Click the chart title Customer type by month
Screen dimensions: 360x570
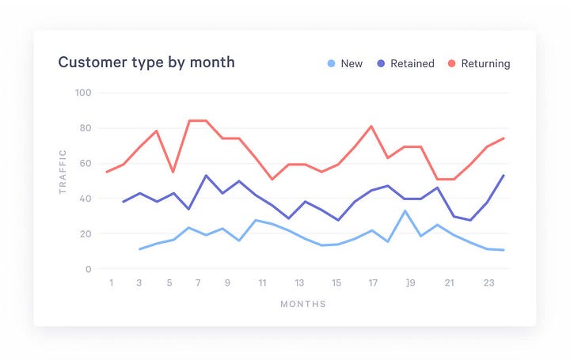(146, 62)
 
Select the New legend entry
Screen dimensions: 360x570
(351, 63)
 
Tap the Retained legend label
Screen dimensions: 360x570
(412, 63)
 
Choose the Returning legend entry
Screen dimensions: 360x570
(486, 63)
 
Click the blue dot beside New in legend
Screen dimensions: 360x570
(331, 63)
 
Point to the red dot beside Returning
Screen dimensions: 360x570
(453, 63)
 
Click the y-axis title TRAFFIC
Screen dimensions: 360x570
(63, 172)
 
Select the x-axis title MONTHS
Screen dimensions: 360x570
(302, 304)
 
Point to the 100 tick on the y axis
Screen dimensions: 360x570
(84, 93)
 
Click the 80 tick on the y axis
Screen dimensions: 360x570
(85, 128)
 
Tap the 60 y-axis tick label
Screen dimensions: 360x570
(85, 163)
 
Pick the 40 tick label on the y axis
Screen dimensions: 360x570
(85, 199)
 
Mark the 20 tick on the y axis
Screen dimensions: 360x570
(85, 234)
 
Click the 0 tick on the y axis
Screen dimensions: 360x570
(89, 269)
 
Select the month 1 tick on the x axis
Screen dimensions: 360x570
(112, 282)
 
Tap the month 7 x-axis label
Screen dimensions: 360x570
(198, 282)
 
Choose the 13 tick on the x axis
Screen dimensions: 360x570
(299, 282)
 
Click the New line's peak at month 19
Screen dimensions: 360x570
(405, 210)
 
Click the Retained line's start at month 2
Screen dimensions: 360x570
(123, 202)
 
